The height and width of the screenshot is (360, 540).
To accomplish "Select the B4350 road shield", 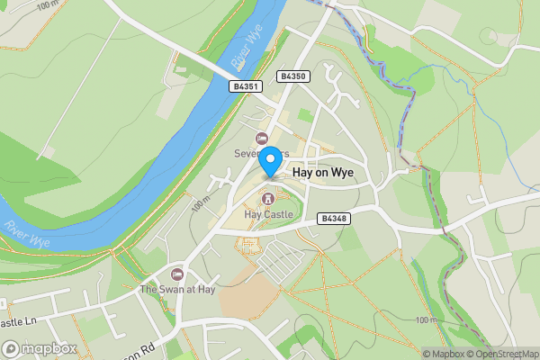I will coord(293,76).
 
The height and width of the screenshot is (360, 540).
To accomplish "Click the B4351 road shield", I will coord(245,86).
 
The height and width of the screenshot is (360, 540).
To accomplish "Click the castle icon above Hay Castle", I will coord(266,198).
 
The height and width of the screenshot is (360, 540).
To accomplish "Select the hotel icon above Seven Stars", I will coord(262,138).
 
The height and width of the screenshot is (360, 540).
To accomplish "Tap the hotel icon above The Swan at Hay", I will coord(177,274).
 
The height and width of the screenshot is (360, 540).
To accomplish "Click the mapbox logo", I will coord(40,348).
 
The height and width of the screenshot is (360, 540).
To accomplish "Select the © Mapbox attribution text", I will coord(442,354).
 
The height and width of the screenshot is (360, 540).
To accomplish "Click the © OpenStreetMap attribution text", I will coord(502,354).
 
